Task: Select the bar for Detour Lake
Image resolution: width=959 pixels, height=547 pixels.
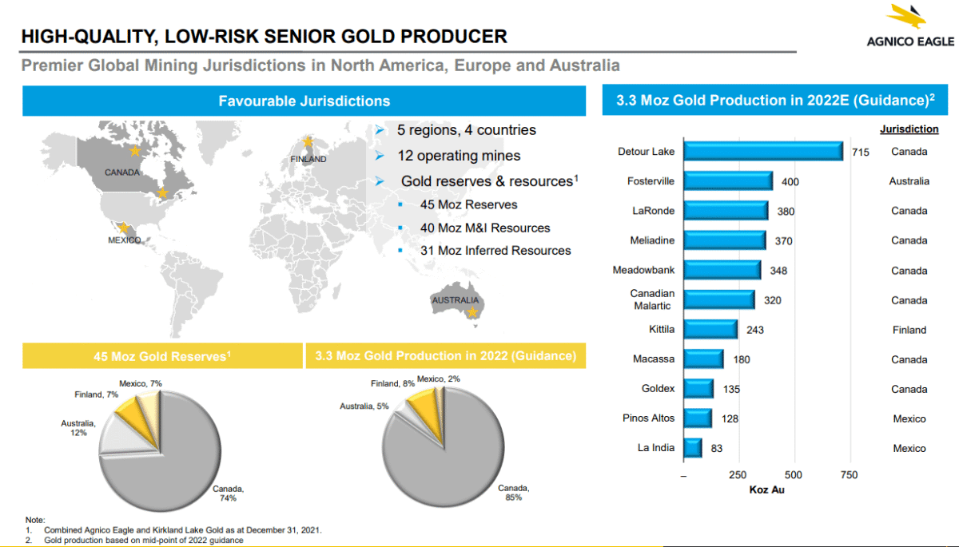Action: [x=763, y=151]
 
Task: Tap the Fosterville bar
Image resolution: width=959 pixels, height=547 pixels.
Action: [x=728, y=181]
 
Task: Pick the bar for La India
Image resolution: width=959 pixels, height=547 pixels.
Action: [x=693, y=448]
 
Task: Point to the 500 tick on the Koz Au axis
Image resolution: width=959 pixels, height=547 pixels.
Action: [x=794, y=475]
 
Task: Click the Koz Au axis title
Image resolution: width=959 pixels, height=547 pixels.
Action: [x=766, y=490]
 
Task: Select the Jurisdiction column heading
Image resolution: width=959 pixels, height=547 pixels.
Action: [x=909, y=129]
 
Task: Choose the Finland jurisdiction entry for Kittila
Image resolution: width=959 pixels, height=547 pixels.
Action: [x=909, y=330]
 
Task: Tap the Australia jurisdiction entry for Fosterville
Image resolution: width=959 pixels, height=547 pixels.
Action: [x=909, y=181]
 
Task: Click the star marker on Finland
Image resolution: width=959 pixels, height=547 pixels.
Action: [x=308, y=142]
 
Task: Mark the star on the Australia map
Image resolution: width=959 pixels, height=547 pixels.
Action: [x=473, y=312]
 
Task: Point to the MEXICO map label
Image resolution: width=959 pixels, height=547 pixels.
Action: [x=124, y=240]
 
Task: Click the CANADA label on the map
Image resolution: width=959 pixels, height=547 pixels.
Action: [x=121, y=172]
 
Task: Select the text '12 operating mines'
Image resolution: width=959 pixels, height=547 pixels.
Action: [x=459, y=156]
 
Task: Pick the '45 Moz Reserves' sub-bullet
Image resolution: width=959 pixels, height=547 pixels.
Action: [x=468, y=204]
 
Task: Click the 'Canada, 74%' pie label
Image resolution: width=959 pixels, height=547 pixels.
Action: [x=228, y=493]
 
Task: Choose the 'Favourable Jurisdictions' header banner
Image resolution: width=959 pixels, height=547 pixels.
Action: [x=304, y=101]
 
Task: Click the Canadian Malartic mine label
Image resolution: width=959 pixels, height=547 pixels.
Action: [x=652, y=299]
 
